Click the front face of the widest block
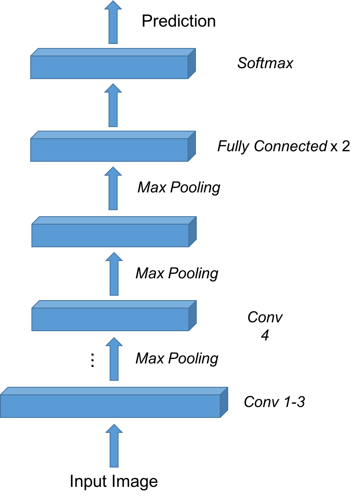click(x=110, y=406)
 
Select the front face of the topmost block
click(x=109, y=67)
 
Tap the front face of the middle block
click(x=110, y=235)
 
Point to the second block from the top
click(x=109, y=150)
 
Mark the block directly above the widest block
click(x=110, y=319)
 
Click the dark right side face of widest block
click(x=224, y=402)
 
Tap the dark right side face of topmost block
click(x=192, y=63)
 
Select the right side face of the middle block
click(x=193, y=232)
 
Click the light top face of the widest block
click(x=113, y=391)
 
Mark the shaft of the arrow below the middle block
click(x=114, y=280)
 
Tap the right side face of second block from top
click(x=192, y=146)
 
